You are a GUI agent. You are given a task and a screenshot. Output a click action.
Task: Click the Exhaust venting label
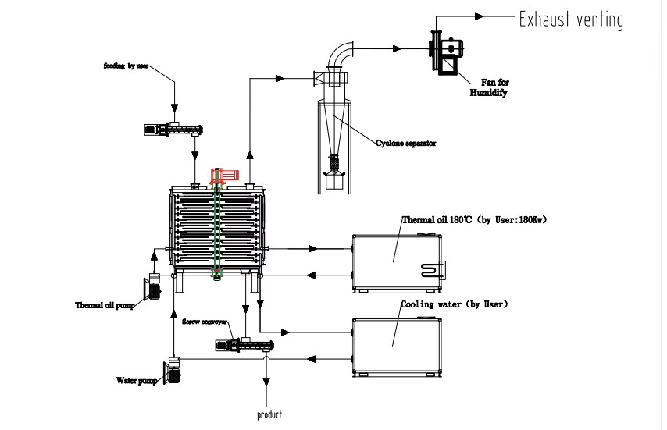tap(571, 20)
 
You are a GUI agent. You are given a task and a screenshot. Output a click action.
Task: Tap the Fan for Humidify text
tap(489, 87)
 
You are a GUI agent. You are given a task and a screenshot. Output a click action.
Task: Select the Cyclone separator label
tap(406, 143)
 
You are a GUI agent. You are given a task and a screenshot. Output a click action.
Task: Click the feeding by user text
tap(126, 66)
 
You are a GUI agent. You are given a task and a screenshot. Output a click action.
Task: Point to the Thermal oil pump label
tap(105, 305)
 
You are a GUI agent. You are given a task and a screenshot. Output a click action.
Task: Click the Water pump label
tap(137, 380)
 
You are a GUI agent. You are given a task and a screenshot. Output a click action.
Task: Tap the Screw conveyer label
tap(205, 322)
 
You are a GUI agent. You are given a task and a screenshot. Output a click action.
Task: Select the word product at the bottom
tap(269, 414)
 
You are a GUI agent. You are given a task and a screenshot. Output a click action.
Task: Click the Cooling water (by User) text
tap(455, 304)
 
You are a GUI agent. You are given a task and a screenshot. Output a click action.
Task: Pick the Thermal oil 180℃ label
tap(437, 219)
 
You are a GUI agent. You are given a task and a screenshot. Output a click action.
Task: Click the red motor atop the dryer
tap(225, 175)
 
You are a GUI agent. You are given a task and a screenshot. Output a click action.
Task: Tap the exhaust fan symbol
tap(446, 53)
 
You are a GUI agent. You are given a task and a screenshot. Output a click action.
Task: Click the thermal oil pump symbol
tap(153, 287)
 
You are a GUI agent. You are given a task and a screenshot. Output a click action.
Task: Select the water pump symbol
tap(173, 371)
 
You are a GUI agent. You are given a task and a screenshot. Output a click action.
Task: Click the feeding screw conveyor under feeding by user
tap(173, 130)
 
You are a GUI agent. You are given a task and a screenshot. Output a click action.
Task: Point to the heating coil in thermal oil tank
tap(433, 270)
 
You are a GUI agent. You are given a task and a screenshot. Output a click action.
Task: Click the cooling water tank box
tap(397, 346)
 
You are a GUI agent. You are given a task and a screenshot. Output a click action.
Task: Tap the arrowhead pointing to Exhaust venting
tap(480, 16)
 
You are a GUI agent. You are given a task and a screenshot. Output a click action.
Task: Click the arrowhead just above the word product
tap(266, 382)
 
